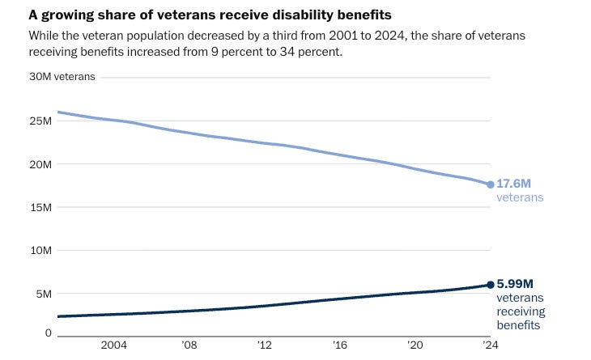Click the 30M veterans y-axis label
tap(62, 77)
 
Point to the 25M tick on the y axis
tap(40, 121)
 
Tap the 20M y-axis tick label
tap(40, 164)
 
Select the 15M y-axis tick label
tap(40, 207)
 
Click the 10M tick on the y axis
tap(40, 251)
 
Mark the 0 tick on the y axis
tap(49, 332)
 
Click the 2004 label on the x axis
tap(113, 345)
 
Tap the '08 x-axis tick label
tap(189, 345)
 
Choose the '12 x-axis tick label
tap(265, 345)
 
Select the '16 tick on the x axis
tap(340, 345)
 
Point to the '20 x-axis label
tap(415, 345)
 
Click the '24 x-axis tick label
tap(490, 345)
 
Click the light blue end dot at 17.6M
tap(490, 184)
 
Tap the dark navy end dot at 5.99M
tap(490, 285)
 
